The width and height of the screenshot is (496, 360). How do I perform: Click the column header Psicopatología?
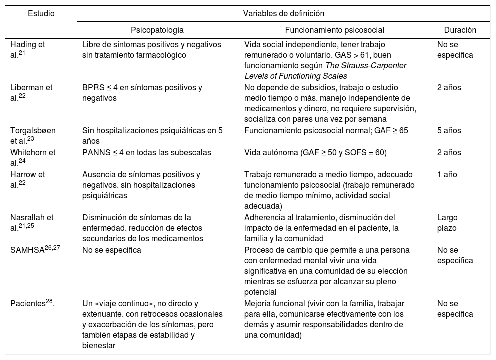coord(157,30)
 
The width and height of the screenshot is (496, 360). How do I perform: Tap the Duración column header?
coord(460,30)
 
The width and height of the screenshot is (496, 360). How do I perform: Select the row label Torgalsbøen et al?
coord(33,135)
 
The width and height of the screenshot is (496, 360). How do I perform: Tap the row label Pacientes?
coord(30,303)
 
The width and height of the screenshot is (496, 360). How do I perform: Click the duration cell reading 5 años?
coord(449,131)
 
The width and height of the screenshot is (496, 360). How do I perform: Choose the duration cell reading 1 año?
coord(447,175)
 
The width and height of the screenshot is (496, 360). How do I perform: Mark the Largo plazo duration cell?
coord(447,222)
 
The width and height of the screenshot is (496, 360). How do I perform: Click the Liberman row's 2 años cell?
coord(449,88)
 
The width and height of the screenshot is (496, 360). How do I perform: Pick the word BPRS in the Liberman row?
coord(91,88)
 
